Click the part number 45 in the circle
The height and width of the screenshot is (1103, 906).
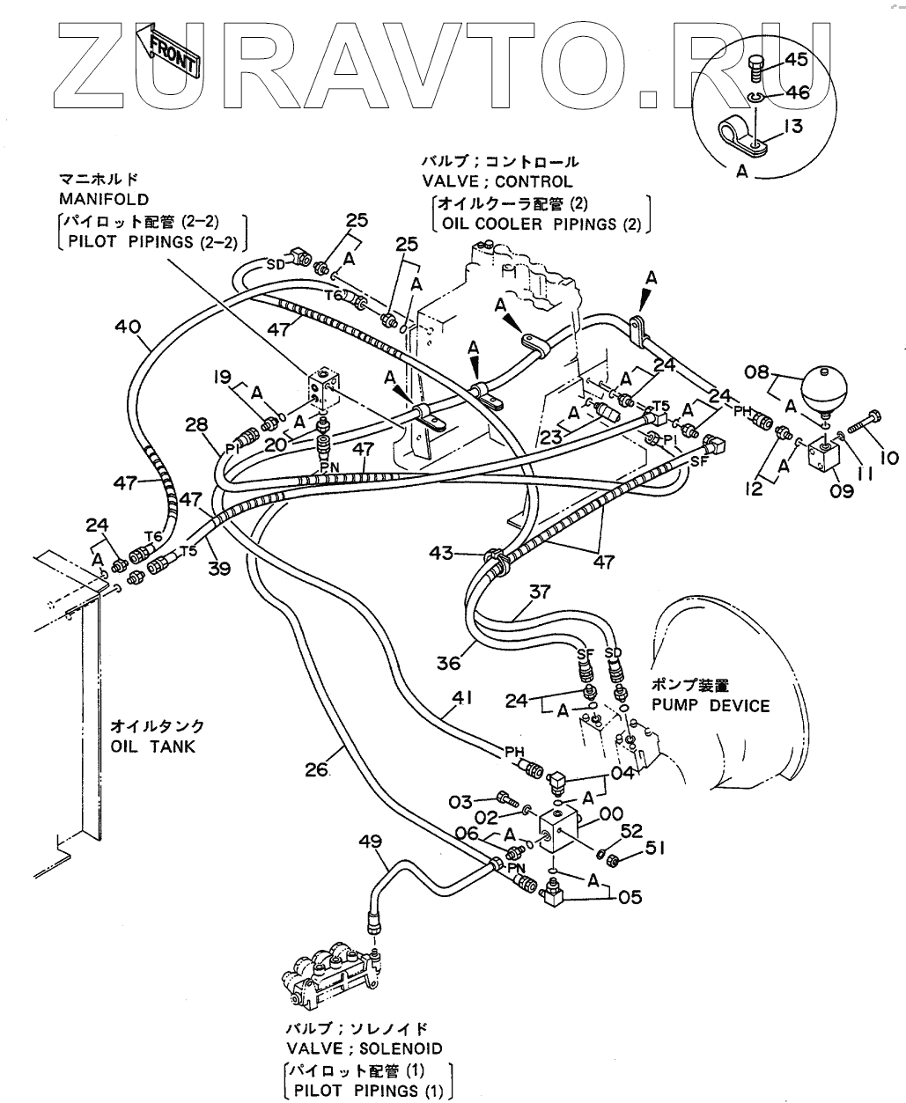tap(796, 61)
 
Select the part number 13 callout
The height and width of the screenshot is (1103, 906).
tap(792, 128)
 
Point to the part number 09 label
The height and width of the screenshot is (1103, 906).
tap(841, 490)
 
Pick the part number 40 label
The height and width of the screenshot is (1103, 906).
tap(129, 327)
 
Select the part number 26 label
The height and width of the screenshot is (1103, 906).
tap(317, 771)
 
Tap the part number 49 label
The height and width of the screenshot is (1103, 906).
tap(372, 842)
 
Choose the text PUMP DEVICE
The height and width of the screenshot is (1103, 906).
tap(710, 705)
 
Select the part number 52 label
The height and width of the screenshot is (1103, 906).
tap(631, 829)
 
